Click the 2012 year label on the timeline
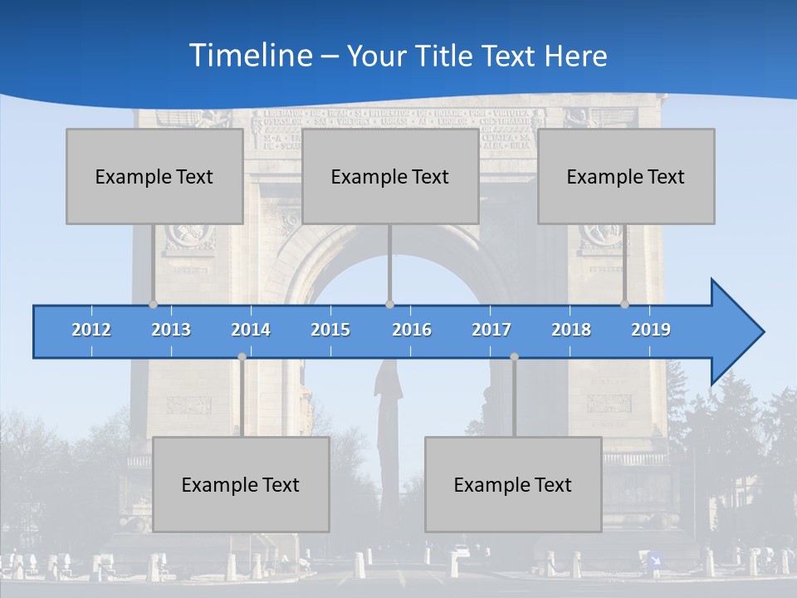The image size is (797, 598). pyautogui.click(x=91, y=330)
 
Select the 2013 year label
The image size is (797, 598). pyautogui.click(x=171, y=330)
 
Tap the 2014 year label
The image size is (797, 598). pyautogui.click(x=251, y=330)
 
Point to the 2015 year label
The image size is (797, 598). pyautogui.click(x=330, y=330)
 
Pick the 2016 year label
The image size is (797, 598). pyautogui.click(x=412, y=330)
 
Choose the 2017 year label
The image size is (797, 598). pyautogui.click(x=491, y=330)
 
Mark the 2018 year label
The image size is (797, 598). pyautogui.click(x=571, y=330)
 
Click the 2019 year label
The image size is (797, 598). pyautogui.click(x=651, y=330)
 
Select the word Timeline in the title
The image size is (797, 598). pyautogui.click(x=249, y=56)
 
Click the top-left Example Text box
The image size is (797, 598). pyautogui.click(x=154, y=176)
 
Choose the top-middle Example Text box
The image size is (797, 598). pyautogui.click(x=390, y=176)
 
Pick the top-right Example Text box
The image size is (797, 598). pyautogui.click(x=626, y=176)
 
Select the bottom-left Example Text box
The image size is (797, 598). pyautogui.click(x=241, y=484)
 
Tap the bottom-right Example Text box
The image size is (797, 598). pyautogui.click(x=513, y=484)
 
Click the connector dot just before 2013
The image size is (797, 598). pyautogui.click(x=154, y=304)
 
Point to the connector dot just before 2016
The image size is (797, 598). pyautogui.click(x=389, y=304)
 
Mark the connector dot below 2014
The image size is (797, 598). pyautogui.click(x=242, y=356)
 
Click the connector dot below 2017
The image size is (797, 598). pyautogui.click(x=514, y=356)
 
